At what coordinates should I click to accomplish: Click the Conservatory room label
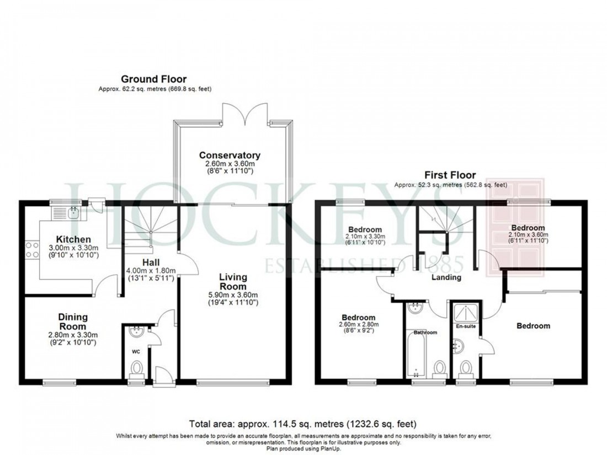click(230, 155)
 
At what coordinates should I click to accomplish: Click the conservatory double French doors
click(245, 113)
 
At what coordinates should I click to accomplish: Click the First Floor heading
click(450, 175)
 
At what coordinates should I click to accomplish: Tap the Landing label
click(446, 277)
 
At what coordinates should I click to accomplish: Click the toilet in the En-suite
click(466, 367)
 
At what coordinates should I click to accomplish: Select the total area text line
click(302, 424)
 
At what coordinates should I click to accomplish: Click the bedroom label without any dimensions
click(533, 326)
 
